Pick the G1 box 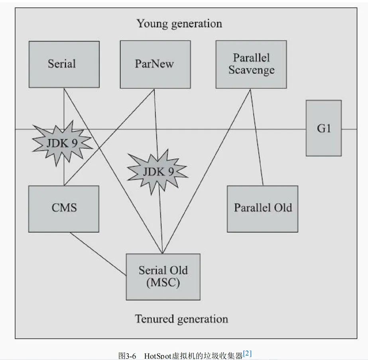tap(323, 128)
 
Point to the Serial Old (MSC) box tap(163, 277)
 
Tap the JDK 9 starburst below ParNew tap(158, 172)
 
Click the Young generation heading tap(179, 23)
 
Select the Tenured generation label tap(181, 319)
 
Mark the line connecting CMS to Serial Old tap(98, 253)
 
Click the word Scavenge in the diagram tap(251, 70)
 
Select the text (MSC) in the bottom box tap(163, 283)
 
